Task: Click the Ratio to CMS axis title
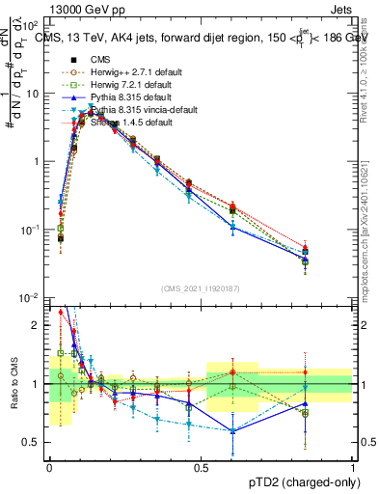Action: pos(14,384)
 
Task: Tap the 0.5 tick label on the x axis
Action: pos(201,468)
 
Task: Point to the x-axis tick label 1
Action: pos(353,468)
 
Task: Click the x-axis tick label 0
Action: pos(49,468)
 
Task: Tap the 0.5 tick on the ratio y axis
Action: pos(34,442)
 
